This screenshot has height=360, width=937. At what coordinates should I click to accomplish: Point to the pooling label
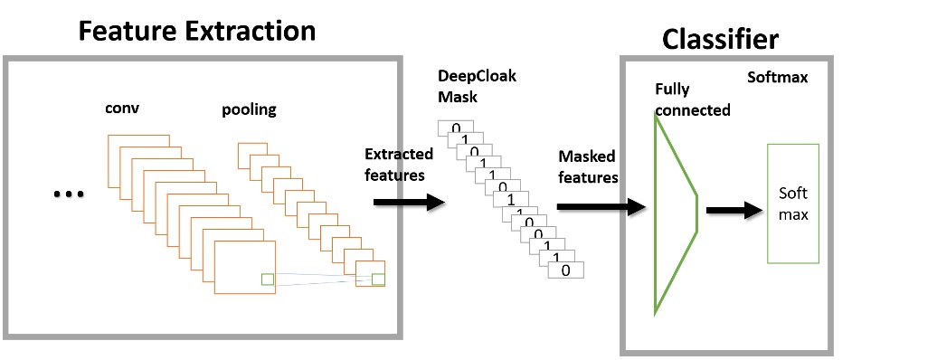coord(249,110)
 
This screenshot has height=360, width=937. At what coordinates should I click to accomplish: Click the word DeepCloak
coord(477,76)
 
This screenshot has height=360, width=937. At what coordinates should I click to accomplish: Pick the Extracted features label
coord(399,164)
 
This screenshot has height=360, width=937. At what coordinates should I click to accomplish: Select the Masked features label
coord(588,167)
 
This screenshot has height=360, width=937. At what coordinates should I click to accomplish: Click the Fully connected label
coord(692,99)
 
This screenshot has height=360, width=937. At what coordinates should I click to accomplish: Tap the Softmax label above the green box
coord(777,78)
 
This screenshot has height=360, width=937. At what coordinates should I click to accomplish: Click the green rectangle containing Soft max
coord(792,204)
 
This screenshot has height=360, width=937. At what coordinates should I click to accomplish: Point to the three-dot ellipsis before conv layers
coord(69,193)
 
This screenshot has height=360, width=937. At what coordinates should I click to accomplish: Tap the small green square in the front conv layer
coord(267,279)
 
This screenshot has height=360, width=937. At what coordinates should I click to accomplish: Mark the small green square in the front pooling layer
coord(377,279)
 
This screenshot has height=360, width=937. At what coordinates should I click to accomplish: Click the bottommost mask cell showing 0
coord(565,270)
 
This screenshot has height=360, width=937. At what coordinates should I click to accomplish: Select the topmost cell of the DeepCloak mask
coord(456,128)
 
